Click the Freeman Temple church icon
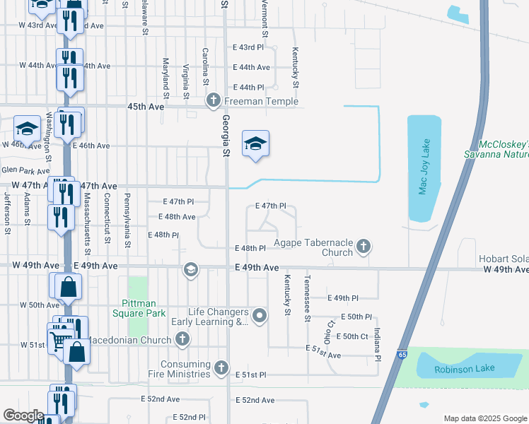(214, 102)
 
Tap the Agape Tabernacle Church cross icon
(364, 246)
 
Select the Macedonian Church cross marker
(182, 340)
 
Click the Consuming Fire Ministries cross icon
(221, 367)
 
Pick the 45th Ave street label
(146, 106)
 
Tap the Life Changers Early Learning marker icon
(260, 316)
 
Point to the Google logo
(23, 416)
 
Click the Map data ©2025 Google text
(484, 418)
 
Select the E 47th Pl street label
(270, 206)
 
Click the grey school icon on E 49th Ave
(190, 269)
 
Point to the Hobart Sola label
(503, 259)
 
